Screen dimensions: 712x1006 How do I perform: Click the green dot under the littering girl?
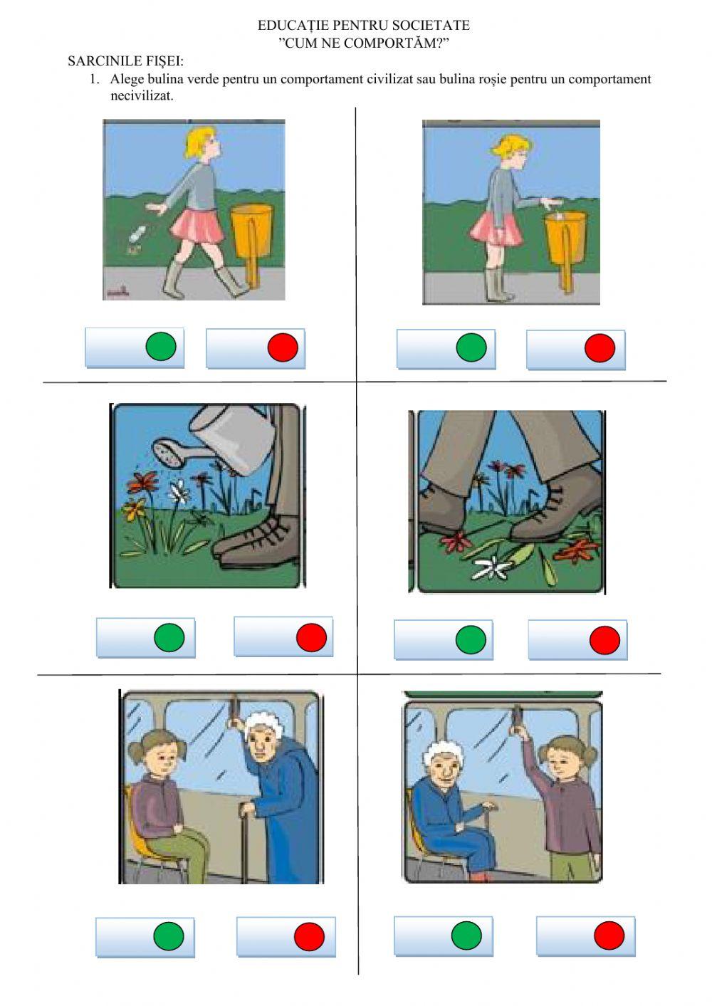[x=161, y=346]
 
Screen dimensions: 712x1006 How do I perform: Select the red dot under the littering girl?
[x=283, y=347]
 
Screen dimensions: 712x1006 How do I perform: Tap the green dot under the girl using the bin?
[x=471, y=347]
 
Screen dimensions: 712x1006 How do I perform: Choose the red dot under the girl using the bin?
[x=600, y=348]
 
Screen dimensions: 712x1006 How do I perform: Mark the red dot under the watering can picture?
[x=311, y=636]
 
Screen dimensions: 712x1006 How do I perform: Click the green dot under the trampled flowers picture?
[x=471, y=639]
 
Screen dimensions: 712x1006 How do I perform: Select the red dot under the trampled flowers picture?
[x=604, y=640]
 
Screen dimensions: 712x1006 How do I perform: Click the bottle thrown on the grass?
[x=137, y=234]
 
